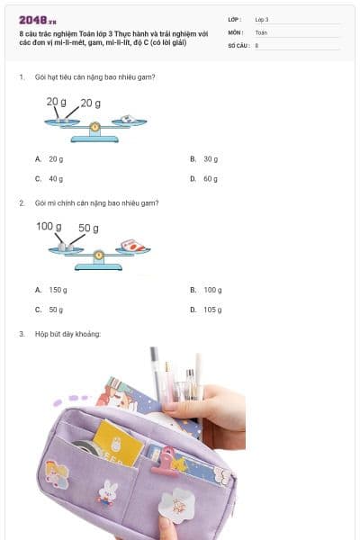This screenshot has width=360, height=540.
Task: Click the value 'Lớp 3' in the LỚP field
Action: click(262, 19)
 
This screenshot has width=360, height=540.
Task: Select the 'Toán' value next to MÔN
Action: click(261, 31)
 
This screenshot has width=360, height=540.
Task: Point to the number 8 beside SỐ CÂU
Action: click(257, 44)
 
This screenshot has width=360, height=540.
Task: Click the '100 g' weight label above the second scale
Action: click(49, 226)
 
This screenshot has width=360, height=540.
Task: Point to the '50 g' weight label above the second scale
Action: click(88, 228)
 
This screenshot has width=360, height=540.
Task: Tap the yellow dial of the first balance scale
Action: click(95, 127)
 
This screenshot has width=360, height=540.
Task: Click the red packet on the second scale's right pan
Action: click(132, 244)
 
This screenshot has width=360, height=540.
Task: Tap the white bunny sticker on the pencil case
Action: click(110, 491)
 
